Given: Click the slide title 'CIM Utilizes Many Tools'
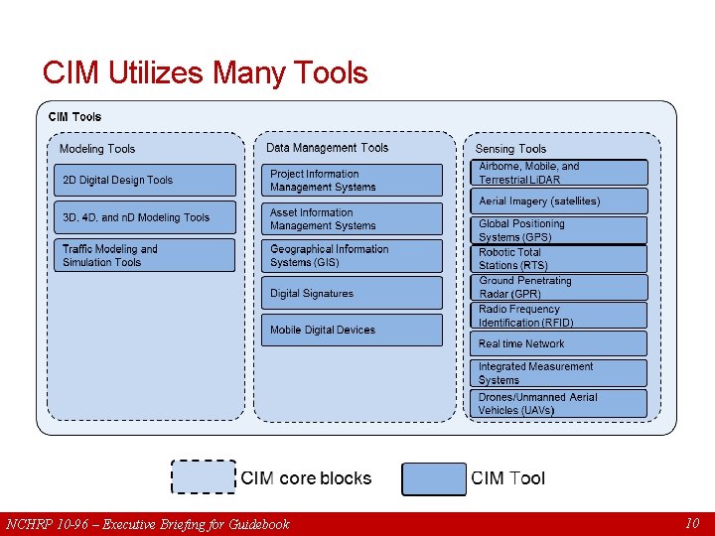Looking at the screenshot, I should (x=205, y=72).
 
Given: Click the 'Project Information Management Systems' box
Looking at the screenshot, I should (x=352, y=180).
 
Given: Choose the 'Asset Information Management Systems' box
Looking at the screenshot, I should (x=352, y=219).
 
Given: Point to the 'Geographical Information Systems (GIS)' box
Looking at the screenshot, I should (x=352, y=256).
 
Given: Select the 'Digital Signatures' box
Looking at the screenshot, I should (x=352, y=293).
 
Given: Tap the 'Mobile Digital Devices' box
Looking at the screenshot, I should (x=352, y=330).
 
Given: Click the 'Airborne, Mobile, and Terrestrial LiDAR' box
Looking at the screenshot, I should (x=558, y=173).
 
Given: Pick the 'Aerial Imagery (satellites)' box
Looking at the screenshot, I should (x=558, y=201).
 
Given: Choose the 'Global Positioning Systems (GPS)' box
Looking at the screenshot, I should (x=558, y=230).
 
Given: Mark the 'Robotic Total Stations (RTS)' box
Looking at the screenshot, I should (x=558, y=259).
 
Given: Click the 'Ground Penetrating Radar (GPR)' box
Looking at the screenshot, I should (x=558, y=288).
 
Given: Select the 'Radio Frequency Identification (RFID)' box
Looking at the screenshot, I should (x=558, y=316).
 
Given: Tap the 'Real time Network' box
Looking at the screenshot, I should (x=558, y=343).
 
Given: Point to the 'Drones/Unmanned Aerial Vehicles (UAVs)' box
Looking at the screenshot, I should (x=558, y=403).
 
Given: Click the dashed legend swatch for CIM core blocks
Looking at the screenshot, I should (x=204, y=477).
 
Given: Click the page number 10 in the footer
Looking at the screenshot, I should (x=692, y=523).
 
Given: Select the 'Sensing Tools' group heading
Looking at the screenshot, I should (x=510, y=149).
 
